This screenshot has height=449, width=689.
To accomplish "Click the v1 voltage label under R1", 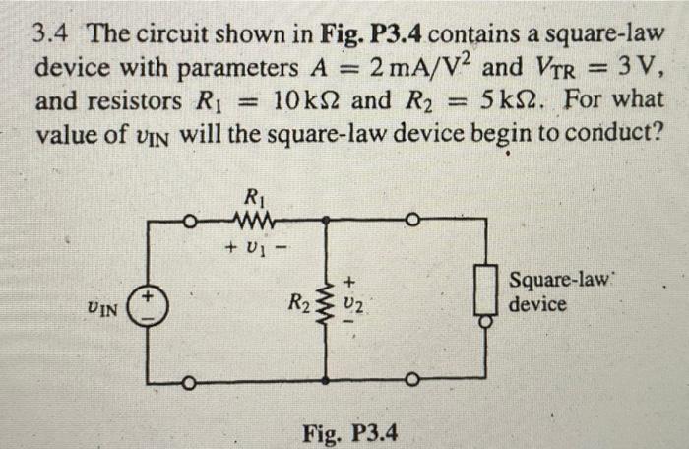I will coord(249,241).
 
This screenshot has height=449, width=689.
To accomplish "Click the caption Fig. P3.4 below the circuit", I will coord(350,431).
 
